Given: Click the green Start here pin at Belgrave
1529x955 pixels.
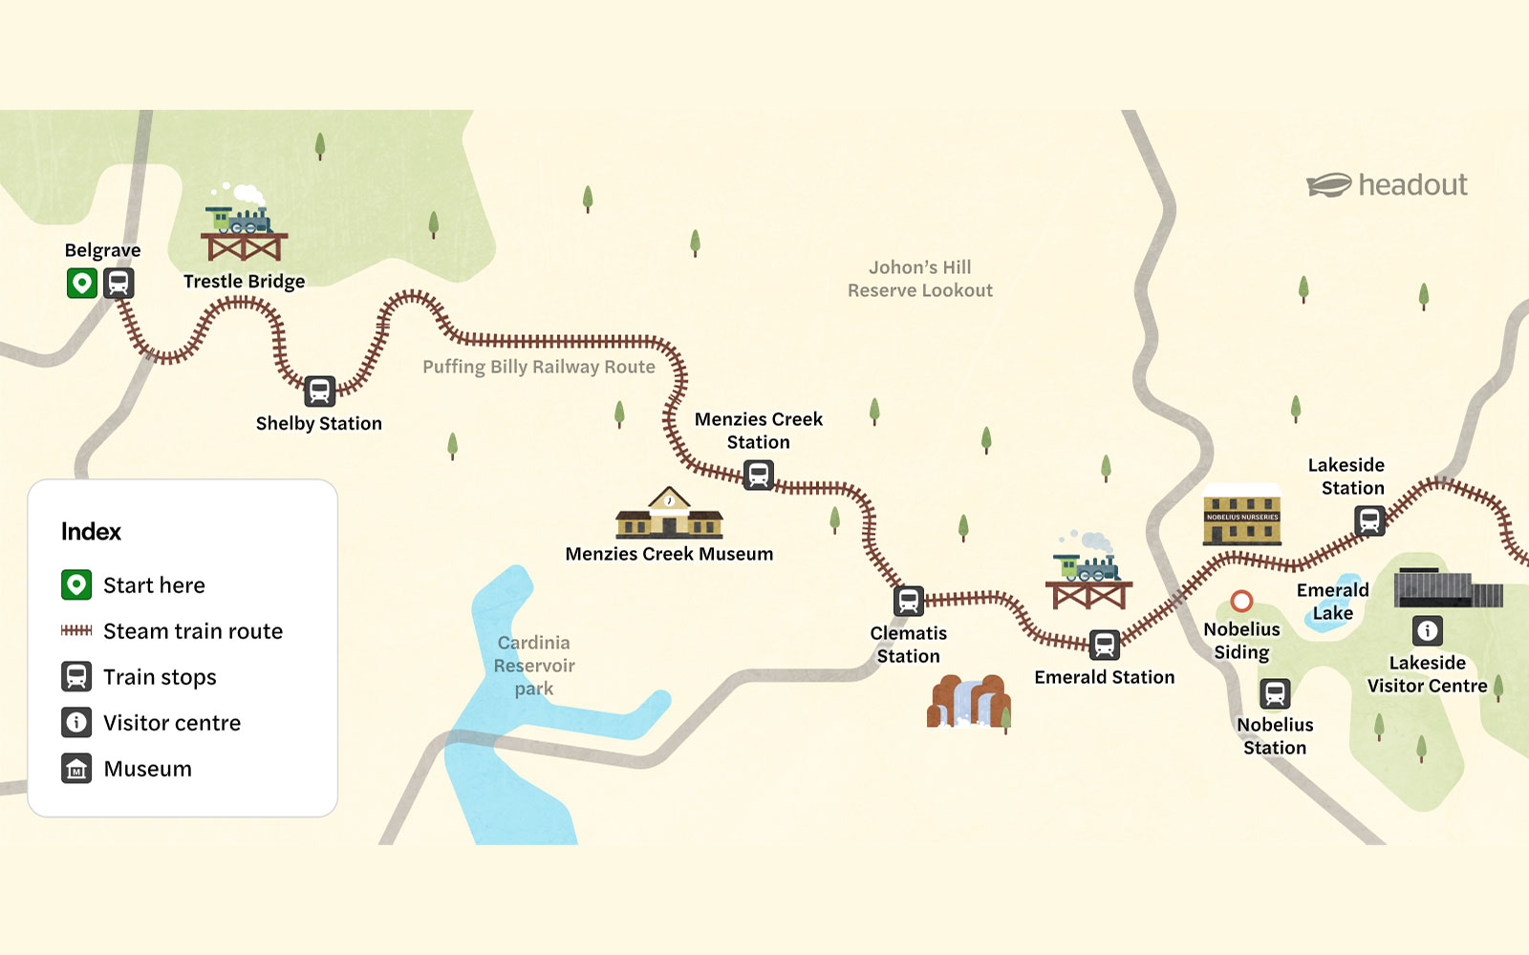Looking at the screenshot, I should (82, 284).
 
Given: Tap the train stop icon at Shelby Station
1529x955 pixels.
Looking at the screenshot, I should (319, 391).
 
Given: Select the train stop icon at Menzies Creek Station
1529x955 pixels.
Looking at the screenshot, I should (759, 475).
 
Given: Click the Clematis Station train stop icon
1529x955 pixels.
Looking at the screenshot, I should (909, 601).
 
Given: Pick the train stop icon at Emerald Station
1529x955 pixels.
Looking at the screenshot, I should (1105, 645).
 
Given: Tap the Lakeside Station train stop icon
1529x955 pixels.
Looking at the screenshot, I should (1369, 520).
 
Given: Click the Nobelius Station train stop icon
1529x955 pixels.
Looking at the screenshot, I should (1275, 693).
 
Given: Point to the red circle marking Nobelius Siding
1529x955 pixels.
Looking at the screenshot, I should (1241, 601).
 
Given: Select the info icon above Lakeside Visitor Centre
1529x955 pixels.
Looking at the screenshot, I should (1428, 630).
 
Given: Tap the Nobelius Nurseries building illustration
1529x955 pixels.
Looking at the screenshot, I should (1242, 516).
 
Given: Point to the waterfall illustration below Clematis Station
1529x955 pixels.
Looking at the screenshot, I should (969, 702).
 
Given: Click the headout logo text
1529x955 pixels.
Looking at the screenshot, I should (1412, 184).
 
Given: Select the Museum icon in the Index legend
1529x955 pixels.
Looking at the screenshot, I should (76, 769).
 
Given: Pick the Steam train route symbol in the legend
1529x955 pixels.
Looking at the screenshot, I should (76, 630).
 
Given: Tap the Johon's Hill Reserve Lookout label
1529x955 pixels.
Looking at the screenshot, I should (919, 279).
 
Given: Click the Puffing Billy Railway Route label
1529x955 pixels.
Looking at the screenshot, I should (539, 367).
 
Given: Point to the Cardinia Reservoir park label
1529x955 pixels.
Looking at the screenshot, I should (534, 666).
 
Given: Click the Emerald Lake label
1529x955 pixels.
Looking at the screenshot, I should (1332, 602).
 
